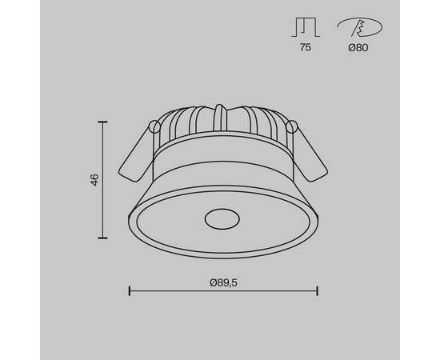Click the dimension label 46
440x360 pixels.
95,179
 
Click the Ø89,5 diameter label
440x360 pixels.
223,283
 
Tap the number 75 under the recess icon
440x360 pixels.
306,47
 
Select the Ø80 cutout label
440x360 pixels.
358,48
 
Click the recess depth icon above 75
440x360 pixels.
306,27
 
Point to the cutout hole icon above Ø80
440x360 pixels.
359,27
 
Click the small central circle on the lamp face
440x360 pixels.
222,219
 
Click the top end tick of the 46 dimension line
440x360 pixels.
102,122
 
